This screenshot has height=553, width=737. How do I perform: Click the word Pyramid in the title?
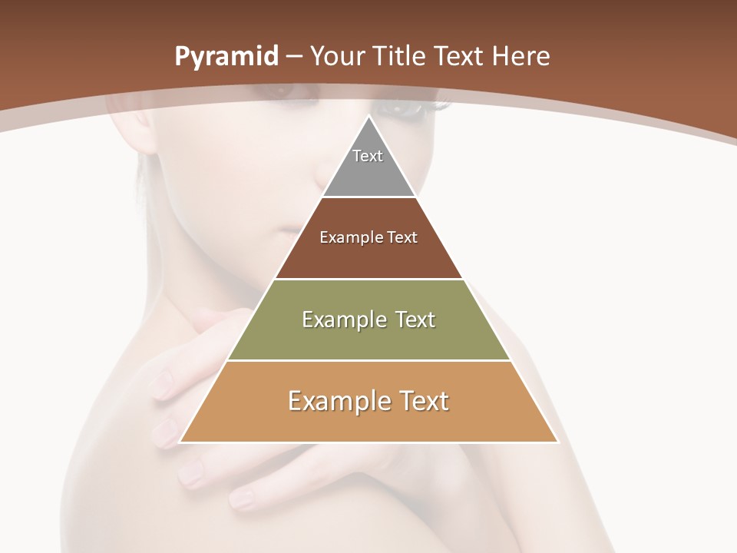coord(226,57)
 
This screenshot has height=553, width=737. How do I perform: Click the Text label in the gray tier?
coord(368,156)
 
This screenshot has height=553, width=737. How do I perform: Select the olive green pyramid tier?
coord(368,338)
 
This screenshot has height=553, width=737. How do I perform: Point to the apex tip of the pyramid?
coord(369,118)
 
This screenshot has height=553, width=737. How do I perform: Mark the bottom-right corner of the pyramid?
coord(557,442)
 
